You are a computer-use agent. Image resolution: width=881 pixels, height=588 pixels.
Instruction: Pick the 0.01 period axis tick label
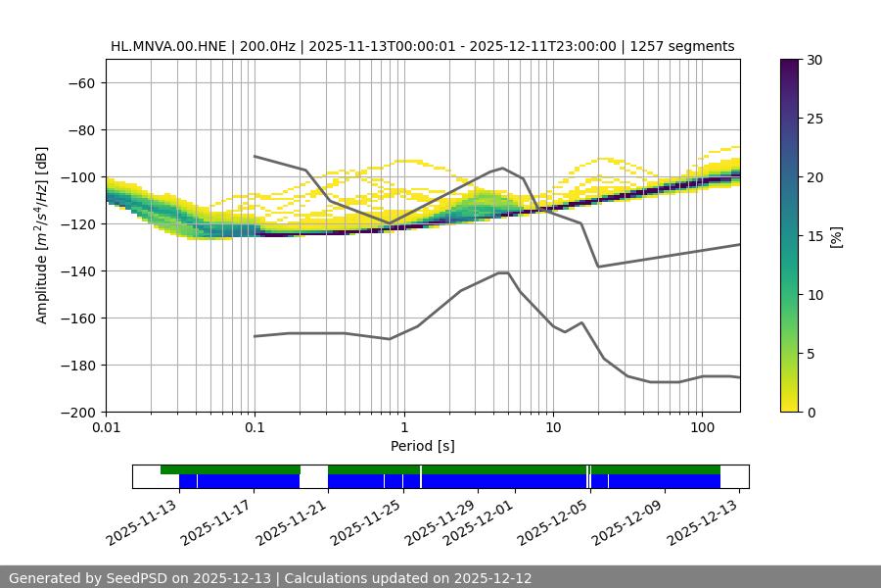(x=106, y=428)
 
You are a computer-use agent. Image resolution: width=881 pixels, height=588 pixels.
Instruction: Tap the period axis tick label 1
(x=403, y=428)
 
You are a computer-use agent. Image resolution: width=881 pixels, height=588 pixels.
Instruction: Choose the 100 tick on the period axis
(x=701, y=428)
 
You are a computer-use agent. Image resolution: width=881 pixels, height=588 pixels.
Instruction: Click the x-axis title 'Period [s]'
(x=423, y=446)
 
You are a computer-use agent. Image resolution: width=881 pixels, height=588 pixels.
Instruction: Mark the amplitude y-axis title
(x=42, y=235)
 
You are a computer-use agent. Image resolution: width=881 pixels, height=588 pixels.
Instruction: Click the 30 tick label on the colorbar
(x=814, y=60)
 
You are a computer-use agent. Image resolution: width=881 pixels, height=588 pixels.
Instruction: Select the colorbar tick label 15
(x=814, y=235)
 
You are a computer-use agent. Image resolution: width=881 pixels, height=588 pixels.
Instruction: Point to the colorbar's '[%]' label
(x=836, y=235)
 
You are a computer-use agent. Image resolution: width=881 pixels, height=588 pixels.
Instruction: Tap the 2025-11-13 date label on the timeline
(x=145, y=519)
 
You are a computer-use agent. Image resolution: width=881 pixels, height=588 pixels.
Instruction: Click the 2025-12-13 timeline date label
(x=704, y=519)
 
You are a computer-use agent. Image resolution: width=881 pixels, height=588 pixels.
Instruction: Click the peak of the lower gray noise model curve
(x=503, y=272)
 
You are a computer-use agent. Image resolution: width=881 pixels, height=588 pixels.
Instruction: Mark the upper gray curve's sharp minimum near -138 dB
(x=598, y=267)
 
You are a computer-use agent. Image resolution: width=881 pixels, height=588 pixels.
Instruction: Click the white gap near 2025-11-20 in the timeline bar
(x=313, y=476)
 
